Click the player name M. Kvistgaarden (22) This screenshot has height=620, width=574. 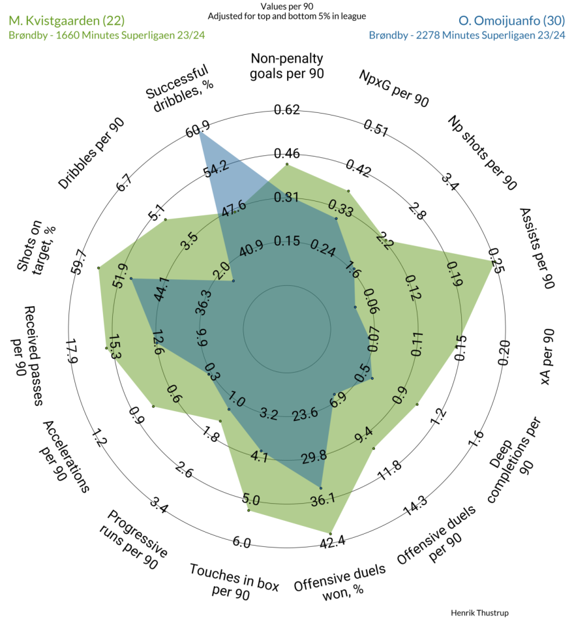(67, 21)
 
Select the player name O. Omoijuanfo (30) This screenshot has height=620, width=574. (511, 21)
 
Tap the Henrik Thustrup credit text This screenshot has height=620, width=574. (479, 612)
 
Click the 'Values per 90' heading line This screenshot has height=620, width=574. (286, 7)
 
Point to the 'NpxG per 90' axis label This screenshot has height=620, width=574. (394, 89)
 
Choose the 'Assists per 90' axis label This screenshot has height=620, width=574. (537, 248)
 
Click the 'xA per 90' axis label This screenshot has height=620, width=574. (547, 356)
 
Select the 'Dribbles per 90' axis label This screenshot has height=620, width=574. (91, 153)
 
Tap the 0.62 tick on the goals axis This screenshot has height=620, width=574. (287, 110)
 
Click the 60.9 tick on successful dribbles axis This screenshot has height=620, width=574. (198, 129)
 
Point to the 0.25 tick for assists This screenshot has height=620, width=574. (496, 261)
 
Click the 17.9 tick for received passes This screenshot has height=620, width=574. (72, 351)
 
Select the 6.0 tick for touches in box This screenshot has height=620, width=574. (241, 542)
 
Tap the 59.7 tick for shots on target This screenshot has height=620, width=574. (78, 262)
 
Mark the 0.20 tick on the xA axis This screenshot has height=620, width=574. (504, 352)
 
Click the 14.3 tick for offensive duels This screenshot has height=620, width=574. (415, 506)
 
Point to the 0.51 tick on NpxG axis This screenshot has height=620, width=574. (376, 127)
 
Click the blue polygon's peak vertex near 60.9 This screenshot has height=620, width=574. (200, 132)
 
